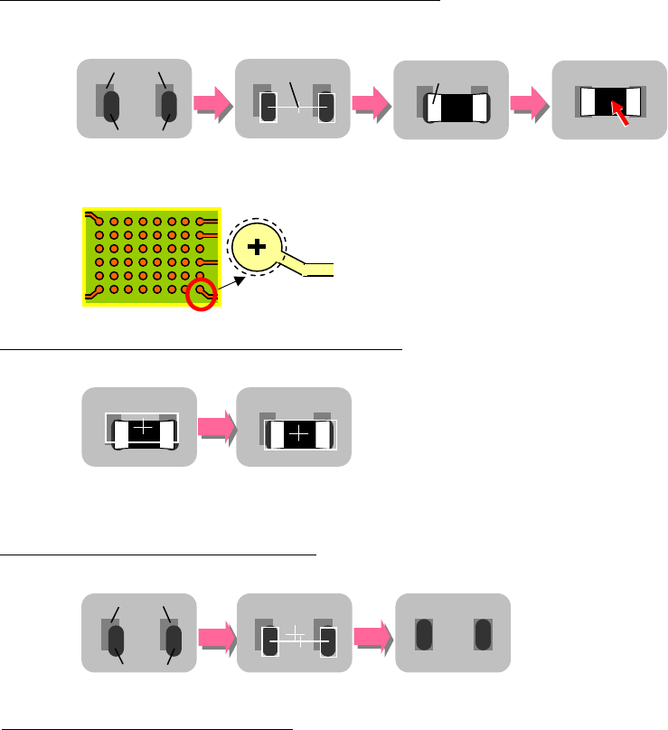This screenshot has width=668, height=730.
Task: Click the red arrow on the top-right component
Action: pos(620,112)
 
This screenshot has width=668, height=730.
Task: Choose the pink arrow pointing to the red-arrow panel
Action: pos(528,100)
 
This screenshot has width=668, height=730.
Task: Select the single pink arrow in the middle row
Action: pos(215,427)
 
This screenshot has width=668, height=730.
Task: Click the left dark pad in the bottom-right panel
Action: pos(423,634)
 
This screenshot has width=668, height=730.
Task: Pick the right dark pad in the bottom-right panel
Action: pos(483,634)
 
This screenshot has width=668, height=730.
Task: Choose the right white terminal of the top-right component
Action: pos(632,100)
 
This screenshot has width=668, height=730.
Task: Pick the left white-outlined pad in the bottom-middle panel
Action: pos(269,642)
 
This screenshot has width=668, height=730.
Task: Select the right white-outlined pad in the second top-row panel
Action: pos(326,108)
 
